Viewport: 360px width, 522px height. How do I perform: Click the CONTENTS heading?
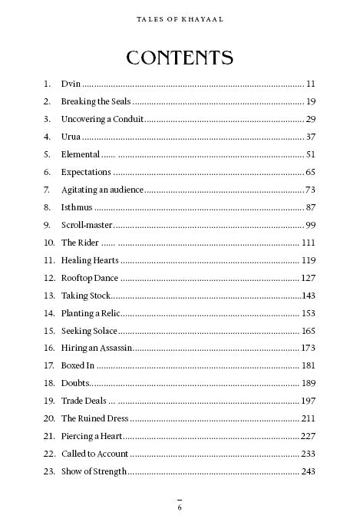[180, 58]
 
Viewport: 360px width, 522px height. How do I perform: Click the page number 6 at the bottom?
[180, 507]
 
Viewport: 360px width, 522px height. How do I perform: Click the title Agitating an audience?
[102, 190]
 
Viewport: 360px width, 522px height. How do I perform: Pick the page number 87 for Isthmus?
[310, 207]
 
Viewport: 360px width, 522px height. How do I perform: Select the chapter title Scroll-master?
[87, 225]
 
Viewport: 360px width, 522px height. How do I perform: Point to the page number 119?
[309, 260]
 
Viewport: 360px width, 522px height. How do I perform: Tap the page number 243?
[309, 471]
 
